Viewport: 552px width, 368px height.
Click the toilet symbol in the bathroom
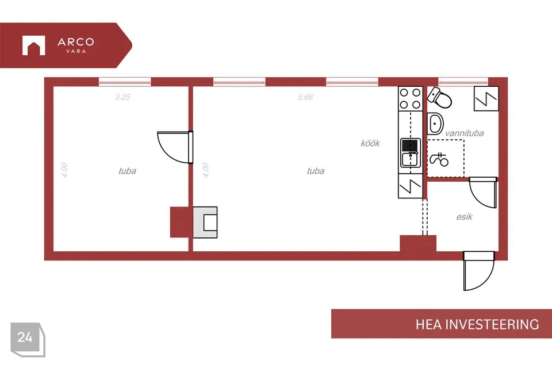click(x=439, y=98)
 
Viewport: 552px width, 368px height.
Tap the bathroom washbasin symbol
click(x=435, y=124)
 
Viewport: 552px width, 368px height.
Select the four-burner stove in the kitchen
click(x=411, y=98)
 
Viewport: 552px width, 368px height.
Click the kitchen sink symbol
click(x=411, y=153)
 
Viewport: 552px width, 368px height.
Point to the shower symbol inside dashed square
click(x=439, y=159)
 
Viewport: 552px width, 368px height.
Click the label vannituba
click(x=465, y=133)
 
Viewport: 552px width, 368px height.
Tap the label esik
click(x=465, y=217)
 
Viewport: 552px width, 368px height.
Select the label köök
click(x=370, y=143)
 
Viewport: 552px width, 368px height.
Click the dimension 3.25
click(x=122, y=97)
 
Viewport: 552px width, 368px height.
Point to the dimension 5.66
click(x=305, y=97)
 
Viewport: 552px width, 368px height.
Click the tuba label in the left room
click(x=128, y=171)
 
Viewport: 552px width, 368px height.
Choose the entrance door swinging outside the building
click(x=478, y=270)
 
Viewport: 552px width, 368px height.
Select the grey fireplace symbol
click(x=205, y=222)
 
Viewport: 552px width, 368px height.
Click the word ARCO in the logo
click(x=76, y=42)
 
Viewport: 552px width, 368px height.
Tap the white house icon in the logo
click(x=34, y=45)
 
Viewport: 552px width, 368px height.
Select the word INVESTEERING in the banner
click(x=492, y=324)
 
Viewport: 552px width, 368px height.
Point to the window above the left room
click(x=125, y=82)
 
